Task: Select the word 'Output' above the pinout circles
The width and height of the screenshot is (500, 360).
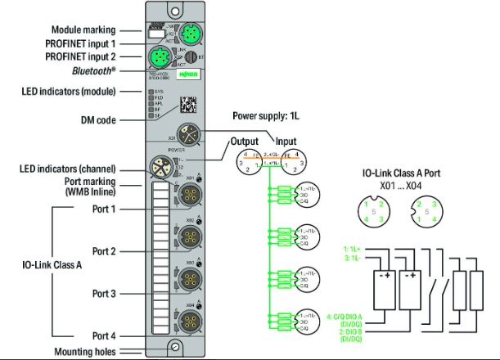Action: point(243,141)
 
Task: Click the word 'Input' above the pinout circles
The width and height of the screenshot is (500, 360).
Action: point(286,141)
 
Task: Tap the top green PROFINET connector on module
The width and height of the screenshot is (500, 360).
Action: point(187,34)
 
